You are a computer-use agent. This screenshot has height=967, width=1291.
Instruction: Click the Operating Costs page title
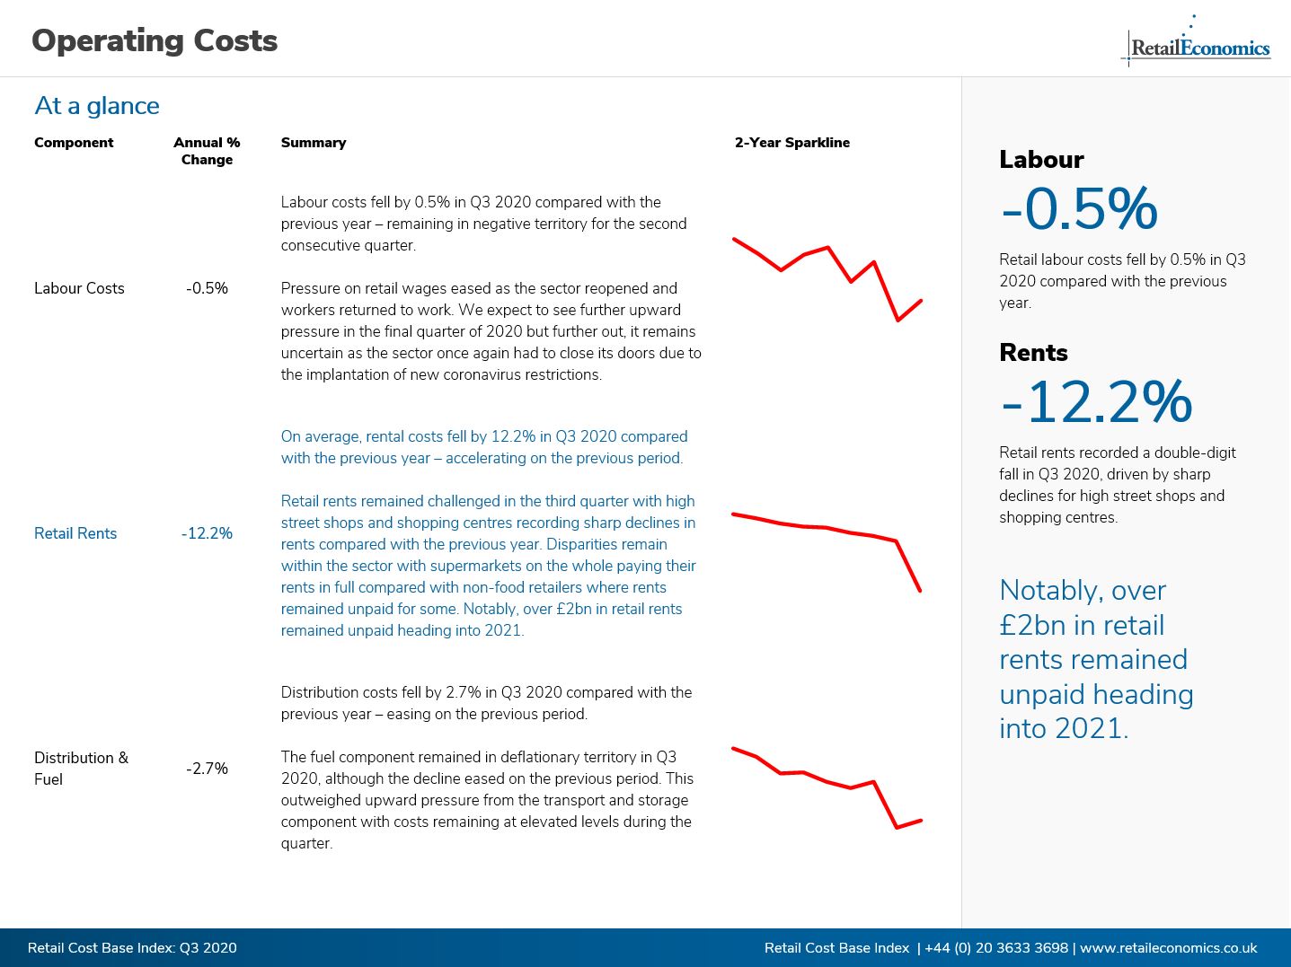click(155, 41)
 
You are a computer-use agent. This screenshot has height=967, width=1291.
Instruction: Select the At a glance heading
click(97, 106)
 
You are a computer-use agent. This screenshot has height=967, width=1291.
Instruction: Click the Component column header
click(74, 143)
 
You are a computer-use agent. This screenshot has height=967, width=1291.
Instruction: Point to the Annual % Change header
click(207, 151)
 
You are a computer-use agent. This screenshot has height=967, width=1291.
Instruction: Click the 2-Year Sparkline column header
click(791, 143)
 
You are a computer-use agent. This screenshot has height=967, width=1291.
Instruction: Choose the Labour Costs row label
click(79, 288)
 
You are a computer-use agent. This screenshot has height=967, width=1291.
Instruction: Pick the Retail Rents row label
click(75, 533)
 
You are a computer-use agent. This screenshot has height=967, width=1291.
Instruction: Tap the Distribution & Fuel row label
click(81, 769)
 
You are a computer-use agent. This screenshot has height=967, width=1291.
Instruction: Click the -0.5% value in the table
click(207, 288)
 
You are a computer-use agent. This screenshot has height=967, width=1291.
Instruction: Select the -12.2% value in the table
click(207, 533)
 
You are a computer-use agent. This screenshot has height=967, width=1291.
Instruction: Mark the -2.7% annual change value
click(207, 769)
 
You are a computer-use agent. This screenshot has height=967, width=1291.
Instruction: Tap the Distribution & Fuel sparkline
click(827, 782)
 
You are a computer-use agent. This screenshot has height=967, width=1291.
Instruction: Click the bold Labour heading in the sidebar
click(1041, 160)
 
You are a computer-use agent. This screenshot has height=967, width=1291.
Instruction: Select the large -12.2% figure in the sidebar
click(1097, 401)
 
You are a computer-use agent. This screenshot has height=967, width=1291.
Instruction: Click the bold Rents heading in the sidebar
click(1033, 353)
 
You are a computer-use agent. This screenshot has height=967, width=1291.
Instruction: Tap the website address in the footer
click(1168, 948)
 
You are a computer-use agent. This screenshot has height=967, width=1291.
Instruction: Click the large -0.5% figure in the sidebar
click(1079, 208)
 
